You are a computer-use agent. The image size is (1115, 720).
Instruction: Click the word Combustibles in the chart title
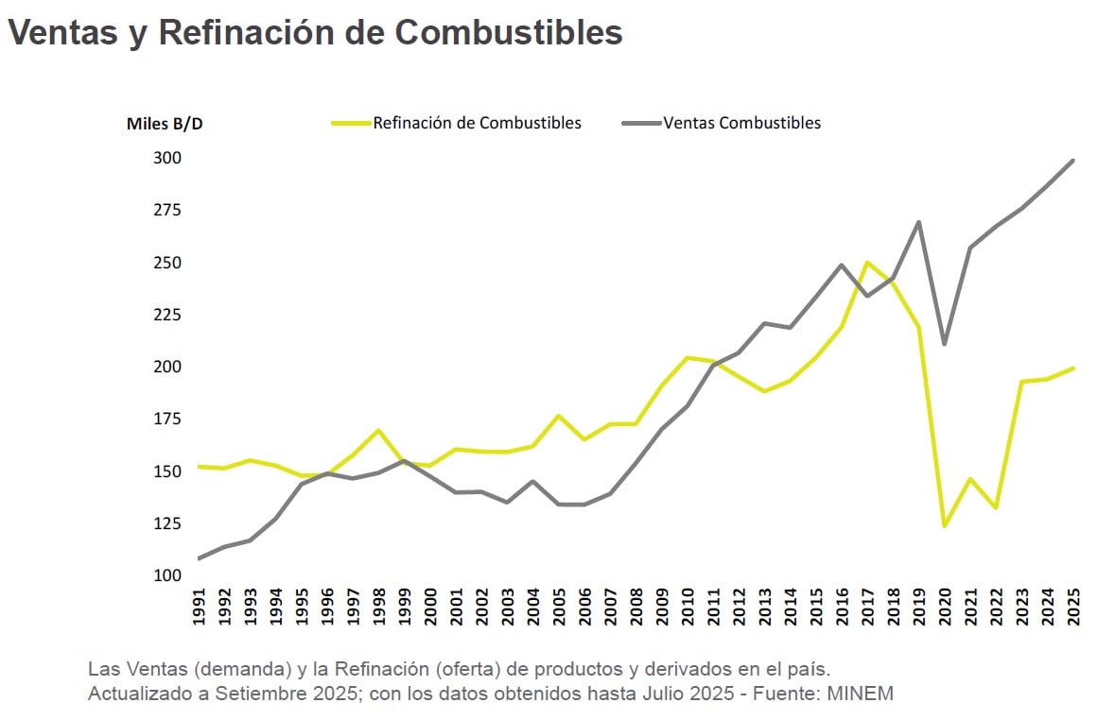[508, 32]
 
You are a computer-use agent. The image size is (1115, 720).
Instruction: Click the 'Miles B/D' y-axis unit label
[165, 124]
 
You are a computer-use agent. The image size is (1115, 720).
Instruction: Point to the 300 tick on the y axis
[167, 158]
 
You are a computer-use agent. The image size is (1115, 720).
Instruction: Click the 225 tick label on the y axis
[167, 315]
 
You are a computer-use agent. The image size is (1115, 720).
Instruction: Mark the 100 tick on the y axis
[167, 575]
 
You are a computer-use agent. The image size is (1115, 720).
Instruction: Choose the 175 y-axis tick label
[167, 419]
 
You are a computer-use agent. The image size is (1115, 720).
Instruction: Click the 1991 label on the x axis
[199, 606]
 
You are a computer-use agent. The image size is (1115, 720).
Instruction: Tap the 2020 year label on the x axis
[944, 606]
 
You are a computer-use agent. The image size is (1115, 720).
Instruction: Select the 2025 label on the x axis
[1072, 606]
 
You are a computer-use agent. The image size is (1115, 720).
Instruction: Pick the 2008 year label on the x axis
[636, 606]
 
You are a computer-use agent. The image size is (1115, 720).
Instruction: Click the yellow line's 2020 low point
[944, 525]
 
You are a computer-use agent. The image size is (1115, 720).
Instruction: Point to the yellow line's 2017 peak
[867, 263]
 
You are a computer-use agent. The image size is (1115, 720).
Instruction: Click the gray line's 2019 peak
[918, 222]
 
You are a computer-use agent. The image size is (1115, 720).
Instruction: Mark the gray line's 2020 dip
[944, 343]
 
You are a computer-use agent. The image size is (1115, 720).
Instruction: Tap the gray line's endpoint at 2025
[1072, 161]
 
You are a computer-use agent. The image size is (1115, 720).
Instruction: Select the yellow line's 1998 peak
[378, 430]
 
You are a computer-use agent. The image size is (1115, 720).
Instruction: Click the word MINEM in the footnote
[860, 694]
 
